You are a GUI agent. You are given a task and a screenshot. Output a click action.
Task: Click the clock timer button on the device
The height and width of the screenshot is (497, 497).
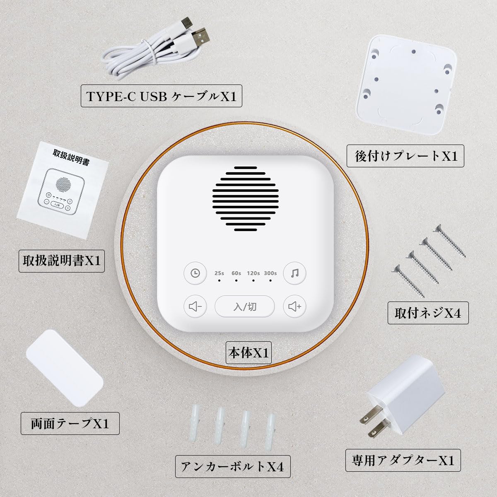click(x=195, y=273)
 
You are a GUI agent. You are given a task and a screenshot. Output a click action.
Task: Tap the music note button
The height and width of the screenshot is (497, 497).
click(x=294, y=273)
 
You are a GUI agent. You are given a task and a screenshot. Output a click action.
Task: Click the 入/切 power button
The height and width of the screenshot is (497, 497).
click(x=245, y=306)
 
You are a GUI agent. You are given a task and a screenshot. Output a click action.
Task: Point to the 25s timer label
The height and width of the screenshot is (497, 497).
click(x=219, y=273)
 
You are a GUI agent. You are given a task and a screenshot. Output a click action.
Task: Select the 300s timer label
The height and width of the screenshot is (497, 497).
click(x=270, y=273)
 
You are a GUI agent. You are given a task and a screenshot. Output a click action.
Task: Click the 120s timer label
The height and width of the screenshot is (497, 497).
click(x=253, y=273)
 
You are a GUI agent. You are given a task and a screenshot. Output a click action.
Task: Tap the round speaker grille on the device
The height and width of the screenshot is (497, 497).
click(x=246, y=199)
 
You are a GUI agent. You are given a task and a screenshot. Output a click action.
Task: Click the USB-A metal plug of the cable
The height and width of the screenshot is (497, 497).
click(x=200, y=37)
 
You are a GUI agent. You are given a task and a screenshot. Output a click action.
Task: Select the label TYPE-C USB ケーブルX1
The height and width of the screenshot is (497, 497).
click(x=162, y=96)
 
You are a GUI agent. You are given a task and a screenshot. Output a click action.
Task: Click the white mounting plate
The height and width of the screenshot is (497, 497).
click(x=406, y=85)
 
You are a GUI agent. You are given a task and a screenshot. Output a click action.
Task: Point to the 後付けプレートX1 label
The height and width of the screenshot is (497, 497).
click(x=405, y=156)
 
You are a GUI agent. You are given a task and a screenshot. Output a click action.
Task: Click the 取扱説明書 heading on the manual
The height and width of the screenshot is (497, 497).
click(x=71, y=157)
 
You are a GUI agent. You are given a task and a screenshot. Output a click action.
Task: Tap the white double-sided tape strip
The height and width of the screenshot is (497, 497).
click(x=65, y=368)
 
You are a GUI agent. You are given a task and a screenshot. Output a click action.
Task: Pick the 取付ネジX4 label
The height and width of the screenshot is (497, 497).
click(x=428, y=313)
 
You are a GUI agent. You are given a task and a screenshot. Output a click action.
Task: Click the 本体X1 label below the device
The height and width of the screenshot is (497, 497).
click(x=248, y=352)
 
